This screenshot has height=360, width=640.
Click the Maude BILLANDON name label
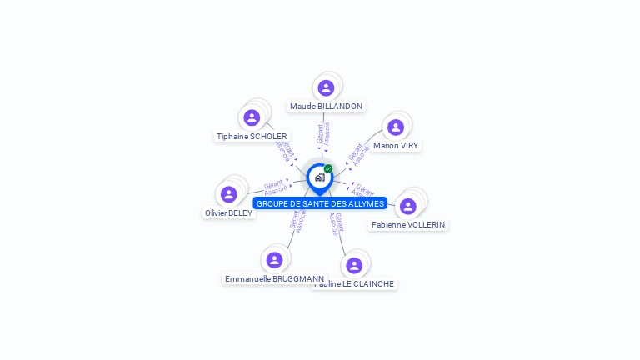click(326, 107)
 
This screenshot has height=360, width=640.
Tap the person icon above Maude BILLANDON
click(326, 87)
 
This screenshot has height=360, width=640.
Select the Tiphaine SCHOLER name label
click(252, 137)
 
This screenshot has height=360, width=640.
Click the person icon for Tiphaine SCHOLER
click(252, 117)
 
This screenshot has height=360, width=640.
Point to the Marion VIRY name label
click(396, 146)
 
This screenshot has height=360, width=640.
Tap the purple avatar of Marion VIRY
click(396, 127)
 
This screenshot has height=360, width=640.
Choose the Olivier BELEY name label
click(228, 213)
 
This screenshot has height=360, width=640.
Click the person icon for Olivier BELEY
click(228, 194)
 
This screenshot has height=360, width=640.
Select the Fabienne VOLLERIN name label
click(408, 225)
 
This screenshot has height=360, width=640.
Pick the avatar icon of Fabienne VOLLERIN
click(408, 206)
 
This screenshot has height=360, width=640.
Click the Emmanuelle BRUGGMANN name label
click(274, 279)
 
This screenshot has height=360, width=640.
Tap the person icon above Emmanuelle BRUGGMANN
click(274, 260)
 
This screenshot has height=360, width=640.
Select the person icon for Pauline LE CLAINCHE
click(354, 265)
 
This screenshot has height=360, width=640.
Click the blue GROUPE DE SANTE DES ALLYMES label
click(320, 203)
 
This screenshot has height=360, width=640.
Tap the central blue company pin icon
click(319, 177)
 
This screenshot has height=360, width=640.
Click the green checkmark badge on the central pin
click(328, 169)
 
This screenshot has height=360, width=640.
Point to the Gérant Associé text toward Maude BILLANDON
click(324, 135)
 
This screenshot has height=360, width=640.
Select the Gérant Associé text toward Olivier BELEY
click(275, 187)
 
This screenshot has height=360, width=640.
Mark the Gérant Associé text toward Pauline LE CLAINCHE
click(337, 222)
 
